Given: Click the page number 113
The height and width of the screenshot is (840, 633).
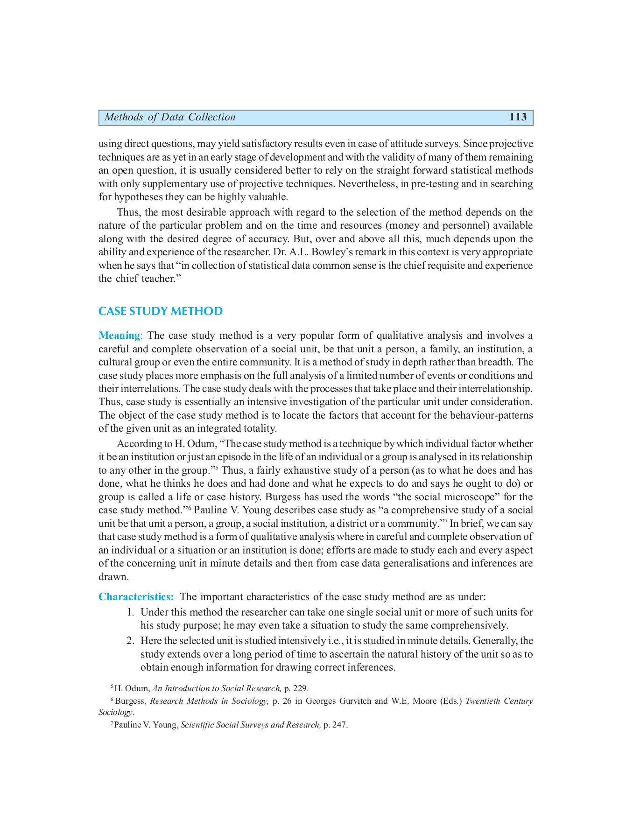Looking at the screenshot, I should pyautogui.click(x=518, y=117).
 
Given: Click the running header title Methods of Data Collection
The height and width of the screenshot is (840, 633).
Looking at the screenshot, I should pyautogui.click(x=170, y=117).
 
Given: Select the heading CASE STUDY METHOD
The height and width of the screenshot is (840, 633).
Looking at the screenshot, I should pyautogui.click(x=161, y=311).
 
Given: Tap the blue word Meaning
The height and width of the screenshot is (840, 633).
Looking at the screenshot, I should pyautogui.click(x=120, y=336).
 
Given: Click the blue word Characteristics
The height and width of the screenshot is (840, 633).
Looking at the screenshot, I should pyautogui.click(x=136, y=597).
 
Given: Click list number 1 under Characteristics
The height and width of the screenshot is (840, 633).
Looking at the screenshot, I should pyautogui.click(x=131, y=612).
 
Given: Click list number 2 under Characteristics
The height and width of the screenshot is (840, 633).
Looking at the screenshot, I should pyautogui.click(x=131, y=641).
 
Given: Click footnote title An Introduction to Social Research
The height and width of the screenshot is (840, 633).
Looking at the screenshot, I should pyautogui.click(x=217, y=688).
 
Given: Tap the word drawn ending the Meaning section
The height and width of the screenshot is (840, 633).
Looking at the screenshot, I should pyautogui.click(x=113, y=577).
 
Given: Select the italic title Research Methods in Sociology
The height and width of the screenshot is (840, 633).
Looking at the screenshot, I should pyautogui.click(x=209, y=701).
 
